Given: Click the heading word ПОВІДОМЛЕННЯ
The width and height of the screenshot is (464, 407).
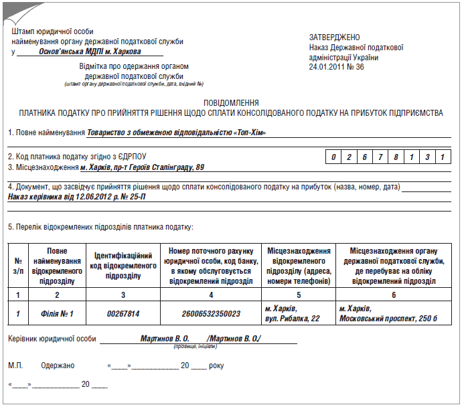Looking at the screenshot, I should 231,103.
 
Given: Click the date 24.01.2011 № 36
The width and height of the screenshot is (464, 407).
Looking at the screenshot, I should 337,67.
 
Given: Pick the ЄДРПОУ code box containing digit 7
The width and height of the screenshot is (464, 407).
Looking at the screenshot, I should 380,157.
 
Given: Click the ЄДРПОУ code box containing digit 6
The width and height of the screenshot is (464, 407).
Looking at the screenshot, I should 364,157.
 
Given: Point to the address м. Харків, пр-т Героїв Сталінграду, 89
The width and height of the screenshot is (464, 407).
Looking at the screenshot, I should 142,167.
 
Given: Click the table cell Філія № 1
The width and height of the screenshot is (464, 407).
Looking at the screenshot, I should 58,313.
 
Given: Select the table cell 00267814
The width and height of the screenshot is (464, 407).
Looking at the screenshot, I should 123,313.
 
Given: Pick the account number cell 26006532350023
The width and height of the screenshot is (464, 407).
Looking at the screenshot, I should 211,313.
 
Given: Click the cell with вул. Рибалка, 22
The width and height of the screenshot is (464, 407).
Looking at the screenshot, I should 291,318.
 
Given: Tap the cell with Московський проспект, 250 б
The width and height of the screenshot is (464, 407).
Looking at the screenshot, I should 388,318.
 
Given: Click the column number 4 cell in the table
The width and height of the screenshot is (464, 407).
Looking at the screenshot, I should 211,295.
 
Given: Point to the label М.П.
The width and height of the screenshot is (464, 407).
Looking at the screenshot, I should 15,366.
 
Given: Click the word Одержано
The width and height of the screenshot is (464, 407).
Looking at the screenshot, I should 58,366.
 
